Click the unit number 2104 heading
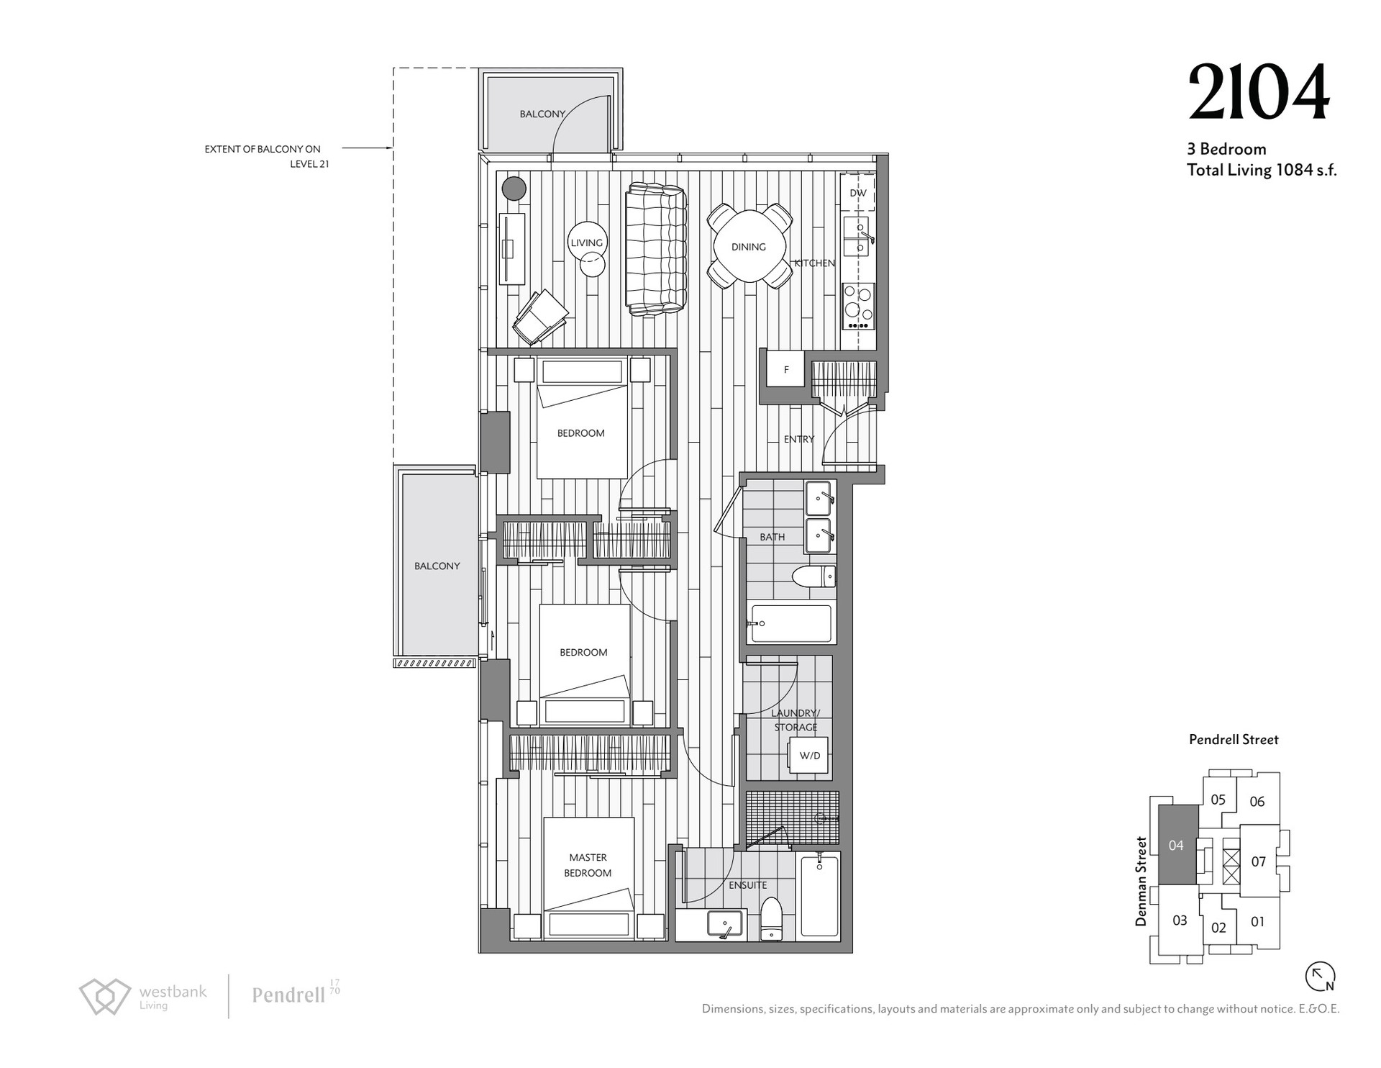coord(1259,93)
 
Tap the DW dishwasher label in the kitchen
coord(858,193)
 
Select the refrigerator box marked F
coord(785,370)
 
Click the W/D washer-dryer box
coord(810,756)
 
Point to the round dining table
coord(749,246)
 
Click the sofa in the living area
coord(655,249)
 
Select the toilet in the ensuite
coord(772,919)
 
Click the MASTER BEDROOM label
coord(588,865)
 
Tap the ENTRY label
coord(799,439)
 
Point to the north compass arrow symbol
coord(1321,977)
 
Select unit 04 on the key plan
coord(1177,845)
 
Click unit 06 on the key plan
coord(1257,802)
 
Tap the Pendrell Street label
coord(1234,740)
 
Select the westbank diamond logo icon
coord(105,996)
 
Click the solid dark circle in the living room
coord(514,189)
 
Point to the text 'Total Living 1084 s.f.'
coord(1262,171)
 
